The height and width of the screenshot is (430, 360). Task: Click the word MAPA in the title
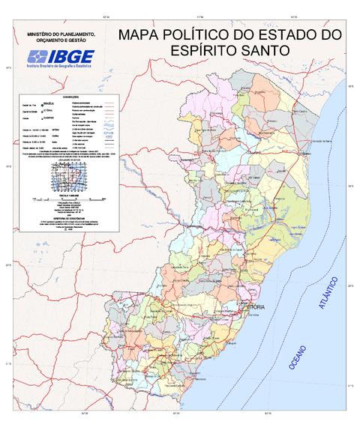142,35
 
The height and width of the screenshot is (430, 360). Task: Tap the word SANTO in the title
262,51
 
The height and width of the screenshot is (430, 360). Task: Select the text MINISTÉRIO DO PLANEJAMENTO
61,35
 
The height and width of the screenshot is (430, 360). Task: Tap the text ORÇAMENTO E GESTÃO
61,42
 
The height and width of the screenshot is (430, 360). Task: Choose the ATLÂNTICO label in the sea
328,293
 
